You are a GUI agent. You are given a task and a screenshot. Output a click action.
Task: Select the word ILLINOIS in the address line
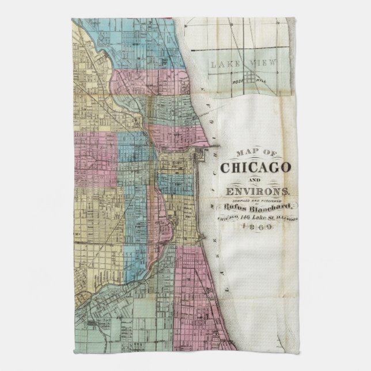coord(285,219)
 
